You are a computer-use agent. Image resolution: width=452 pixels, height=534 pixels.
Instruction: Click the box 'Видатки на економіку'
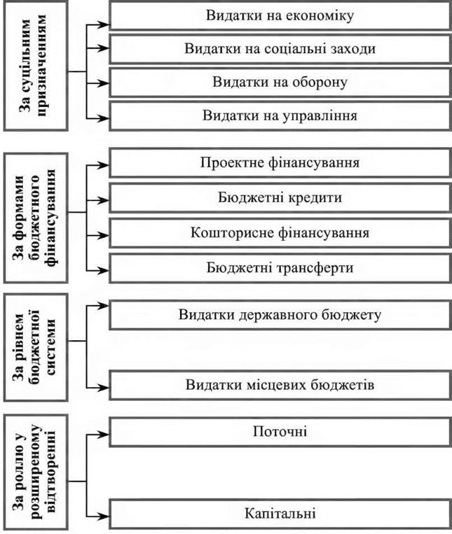pos(280,15)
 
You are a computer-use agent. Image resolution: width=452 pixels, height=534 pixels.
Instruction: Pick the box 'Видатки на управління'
pos(280,114)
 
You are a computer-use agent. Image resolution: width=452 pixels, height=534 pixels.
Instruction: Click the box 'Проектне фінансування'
pos(280,164)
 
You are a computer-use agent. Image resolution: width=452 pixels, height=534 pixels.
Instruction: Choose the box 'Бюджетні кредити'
pos(280,198)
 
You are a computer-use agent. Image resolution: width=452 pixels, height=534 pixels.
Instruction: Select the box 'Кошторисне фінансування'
pos(280,232)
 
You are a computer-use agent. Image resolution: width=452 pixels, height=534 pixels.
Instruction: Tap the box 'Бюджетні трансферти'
pos(280,267)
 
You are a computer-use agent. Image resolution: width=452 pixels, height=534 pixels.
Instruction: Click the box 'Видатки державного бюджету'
pos(280,314)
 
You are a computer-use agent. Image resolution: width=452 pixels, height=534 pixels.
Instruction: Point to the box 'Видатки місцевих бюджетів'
pos(280,385)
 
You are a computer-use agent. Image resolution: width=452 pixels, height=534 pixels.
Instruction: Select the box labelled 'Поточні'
pos(280,430)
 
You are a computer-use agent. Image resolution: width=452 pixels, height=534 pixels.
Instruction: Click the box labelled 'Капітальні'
pos(280,514)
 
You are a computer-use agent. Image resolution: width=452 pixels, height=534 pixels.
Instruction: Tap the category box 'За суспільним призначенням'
pos(35,67)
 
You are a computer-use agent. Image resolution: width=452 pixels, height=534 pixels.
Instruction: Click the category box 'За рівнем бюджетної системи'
pos(35,347)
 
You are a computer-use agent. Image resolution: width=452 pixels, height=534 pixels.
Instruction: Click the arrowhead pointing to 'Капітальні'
pos(104,515)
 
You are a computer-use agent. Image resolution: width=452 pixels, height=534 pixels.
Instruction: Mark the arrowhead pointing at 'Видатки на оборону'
pos(104,83)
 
